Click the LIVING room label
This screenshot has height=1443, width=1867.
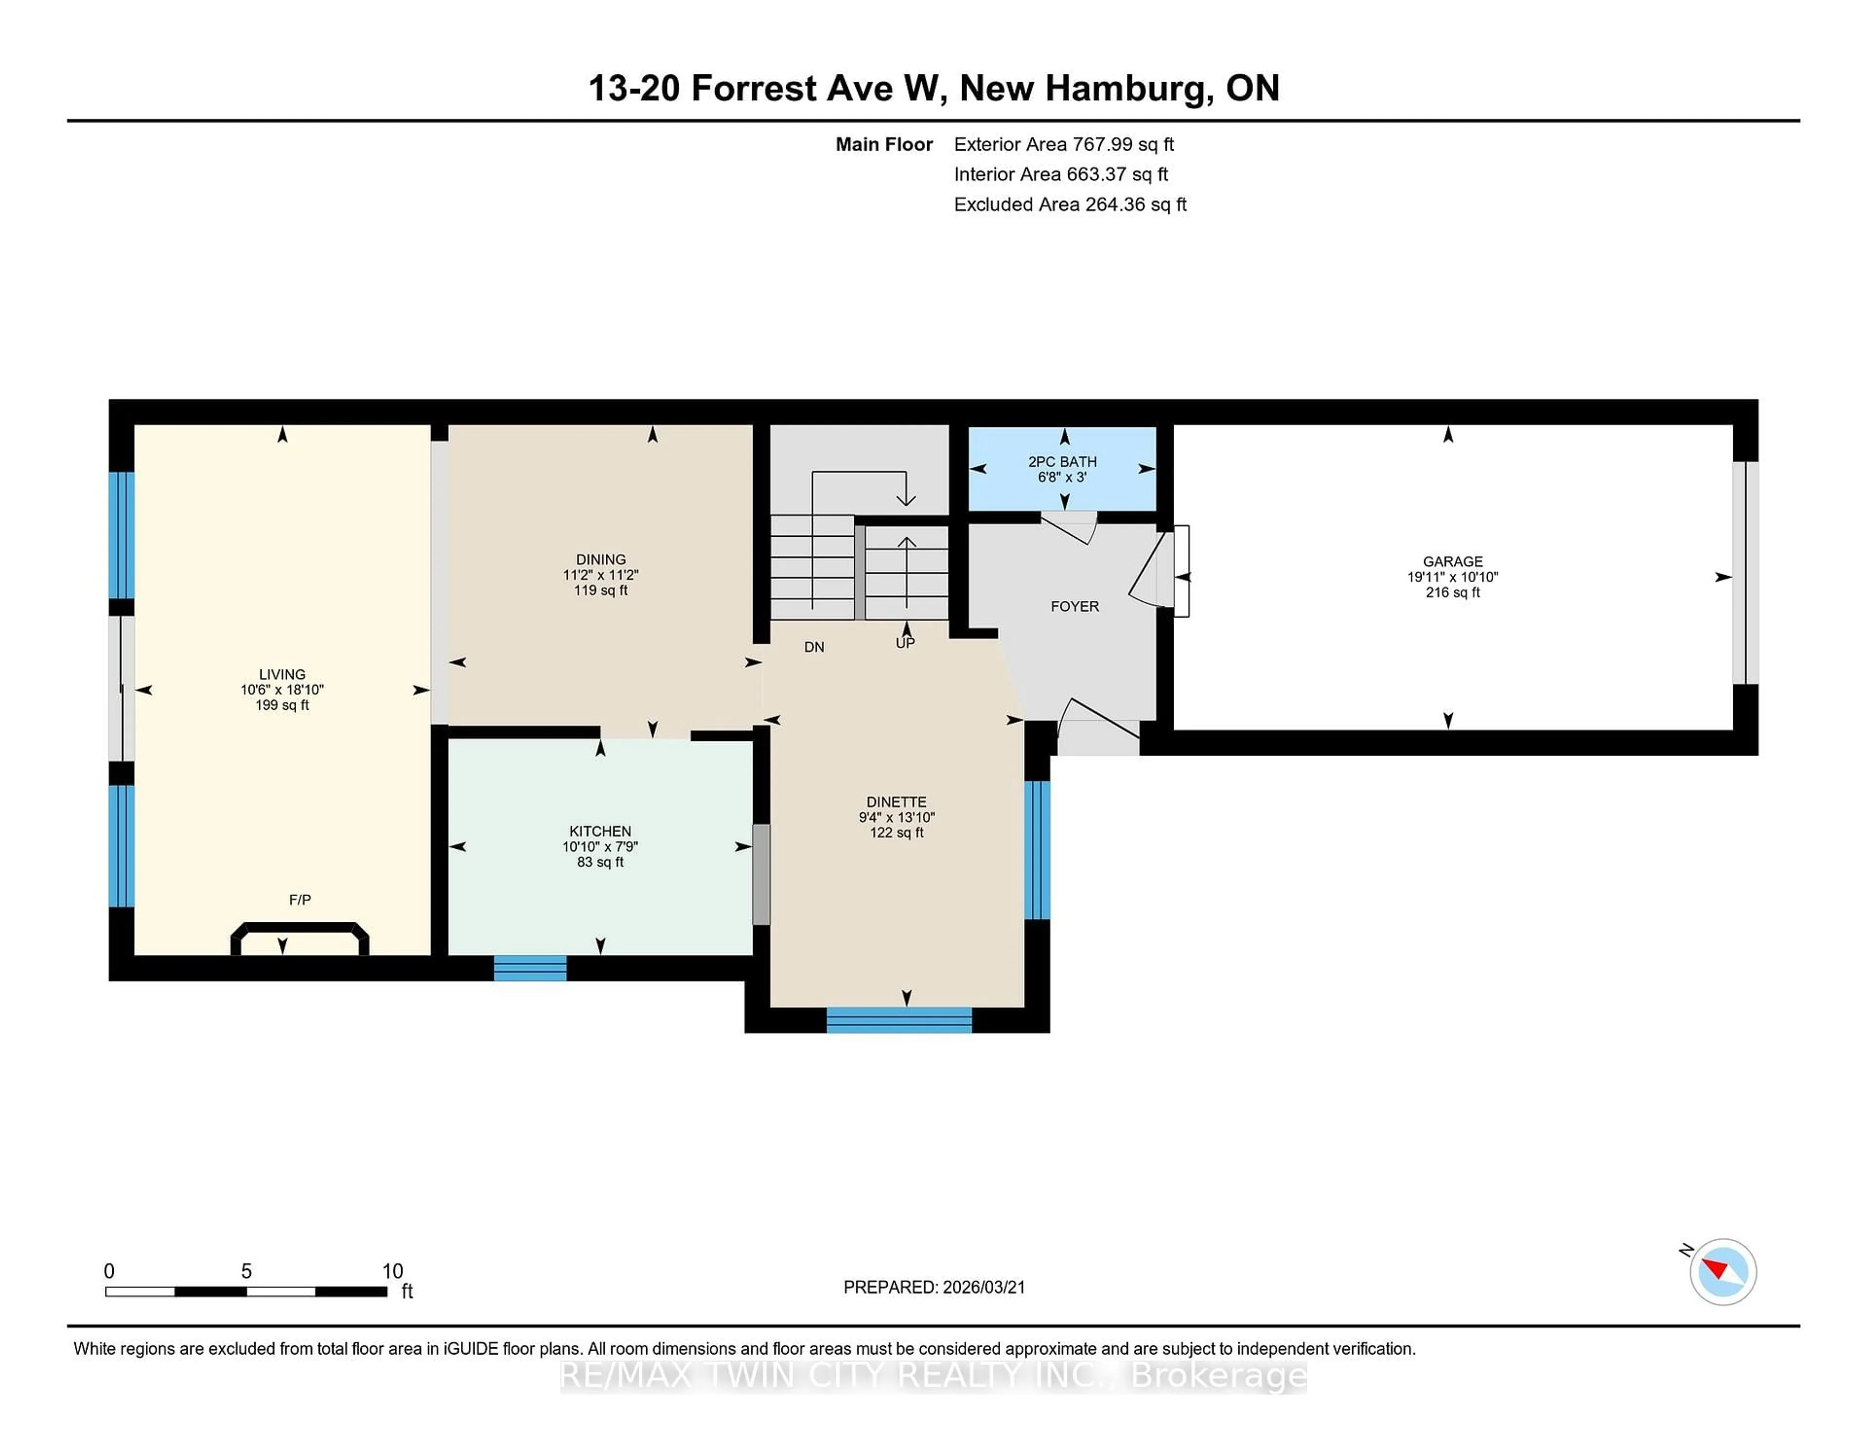tap(282, 674)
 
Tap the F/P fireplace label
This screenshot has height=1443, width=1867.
tap(299, 899)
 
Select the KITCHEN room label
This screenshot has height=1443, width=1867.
tap(600, 831)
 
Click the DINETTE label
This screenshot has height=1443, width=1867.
tap(896, 802)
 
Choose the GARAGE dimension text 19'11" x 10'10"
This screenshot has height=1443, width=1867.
tap(1452, 577)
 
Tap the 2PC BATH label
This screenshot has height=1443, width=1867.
tap(1062, 461)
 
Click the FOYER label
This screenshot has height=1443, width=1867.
tap(1074, 606)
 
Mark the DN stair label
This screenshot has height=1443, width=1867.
tap(814, 647)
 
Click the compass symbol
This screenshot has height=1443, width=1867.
tap(1723, 1271)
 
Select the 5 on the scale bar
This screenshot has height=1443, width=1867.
tap(246, 1271)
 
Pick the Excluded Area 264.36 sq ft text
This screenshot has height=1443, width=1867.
tap(1070, 204)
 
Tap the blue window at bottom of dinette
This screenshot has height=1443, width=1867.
tap(898, 1020)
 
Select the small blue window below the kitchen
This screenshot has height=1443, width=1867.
tap(530, 968)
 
